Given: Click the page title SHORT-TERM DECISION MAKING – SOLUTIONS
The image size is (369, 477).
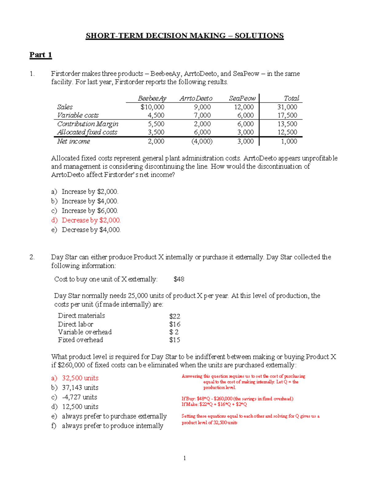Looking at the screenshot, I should point(184,36).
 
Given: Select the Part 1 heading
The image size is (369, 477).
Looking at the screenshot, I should point(41,55).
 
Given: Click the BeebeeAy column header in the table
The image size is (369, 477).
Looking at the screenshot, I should point(152,98).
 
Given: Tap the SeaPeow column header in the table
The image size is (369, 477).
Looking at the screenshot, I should point(242,98).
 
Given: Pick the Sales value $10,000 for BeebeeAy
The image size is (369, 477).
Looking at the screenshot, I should point(152,107).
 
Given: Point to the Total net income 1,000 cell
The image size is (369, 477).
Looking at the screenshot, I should point(289,141).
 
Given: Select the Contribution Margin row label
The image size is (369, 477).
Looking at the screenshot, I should point(88,124).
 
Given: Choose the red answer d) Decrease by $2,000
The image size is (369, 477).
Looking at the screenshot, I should point(86,220).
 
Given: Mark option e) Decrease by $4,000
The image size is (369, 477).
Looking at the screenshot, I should point(86,230).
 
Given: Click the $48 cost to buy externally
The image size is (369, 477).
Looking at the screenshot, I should point(179,279).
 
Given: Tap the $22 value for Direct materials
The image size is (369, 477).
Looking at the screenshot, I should point(174,316).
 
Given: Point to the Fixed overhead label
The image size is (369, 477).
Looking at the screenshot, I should point(81,340).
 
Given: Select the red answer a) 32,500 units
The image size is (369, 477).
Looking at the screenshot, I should point(75,378).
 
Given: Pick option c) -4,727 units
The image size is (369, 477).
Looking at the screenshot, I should point(74,397).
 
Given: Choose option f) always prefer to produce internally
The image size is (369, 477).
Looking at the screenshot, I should point(107,426).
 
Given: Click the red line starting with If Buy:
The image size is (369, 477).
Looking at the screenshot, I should point(237,399).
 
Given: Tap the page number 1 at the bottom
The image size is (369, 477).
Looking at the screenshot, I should point(184,458).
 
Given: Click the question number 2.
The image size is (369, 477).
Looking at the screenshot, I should point(32,257).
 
